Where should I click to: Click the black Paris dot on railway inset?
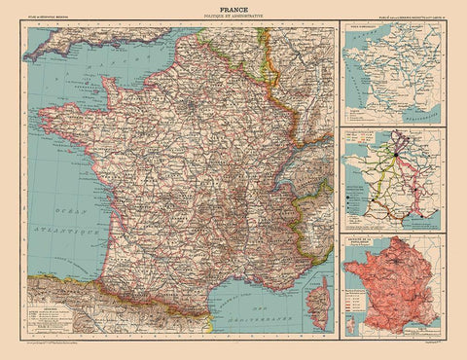coord(396,151)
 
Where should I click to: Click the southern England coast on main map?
coord(117,44)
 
